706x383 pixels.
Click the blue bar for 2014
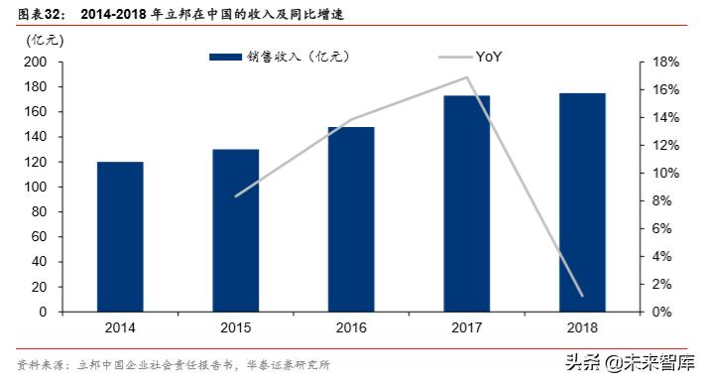(x=120, y=236)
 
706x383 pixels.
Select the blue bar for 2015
(x=236, y=230)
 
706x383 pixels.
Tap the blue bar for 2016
(x=352, y=219)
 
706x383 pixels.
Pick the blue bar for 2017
(x=467, y=203)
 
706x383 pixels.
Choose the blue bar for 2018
(x=582, y=202)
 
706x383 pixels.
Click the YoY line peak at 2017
(x=467, y=77)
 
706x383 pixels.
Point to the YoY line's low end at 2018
(x=582, y=296)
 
